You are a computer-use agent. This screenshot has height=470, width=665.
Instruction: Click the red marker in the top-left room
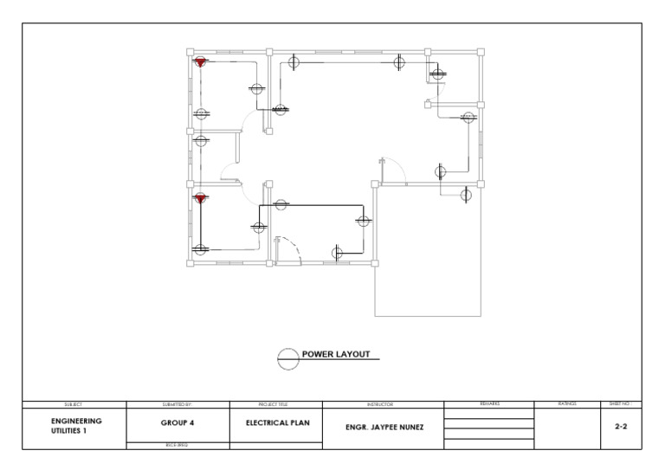(201, 62)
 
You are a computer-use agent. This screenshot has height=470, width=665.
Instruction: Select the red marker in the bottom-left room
(201, 199)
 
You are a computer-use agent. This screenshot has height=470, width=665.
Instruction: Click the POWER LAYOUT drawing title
(336, 355)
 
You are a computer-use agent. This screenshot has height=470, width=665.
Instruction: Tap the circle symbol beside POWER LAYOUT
(287, 357)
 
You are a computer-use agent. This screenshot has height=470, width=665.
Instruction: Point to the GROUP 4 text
(178, 424)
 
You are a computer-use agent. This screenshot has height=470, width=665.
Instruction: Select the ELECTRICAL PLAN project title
(276, 424)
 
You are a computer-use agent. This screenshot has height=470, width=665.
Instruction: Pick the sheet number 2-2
(621, 427)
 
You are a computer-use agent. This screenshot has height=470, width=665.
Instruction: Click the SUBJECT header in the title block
(74, 404)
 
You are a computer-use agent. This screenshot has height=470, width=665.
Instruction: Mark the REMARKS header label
(489, 403)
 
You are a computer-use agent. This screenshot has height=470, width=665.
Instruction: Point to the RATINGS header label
(567, 403)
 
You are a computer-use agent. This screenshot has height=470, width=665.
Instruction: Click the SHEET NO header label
(620, 403)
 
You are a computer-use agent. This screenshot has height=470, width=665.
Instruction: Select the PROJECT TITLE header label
(274, 404)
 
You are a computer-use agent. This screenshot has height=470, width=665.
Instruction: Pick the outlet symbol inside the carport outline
(466, 195)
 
